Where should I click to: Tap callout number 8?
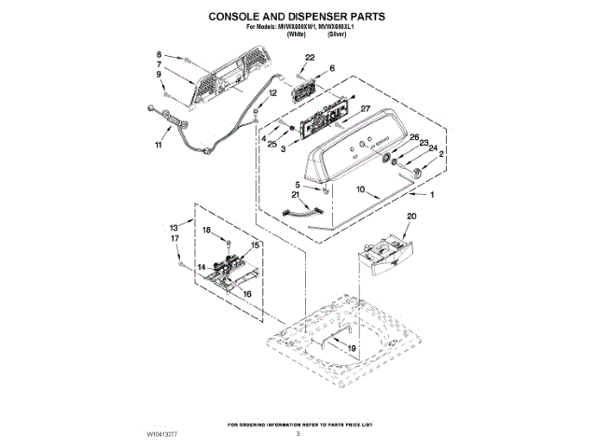click(160, 55)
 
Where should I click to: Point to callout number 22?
click(310, 59)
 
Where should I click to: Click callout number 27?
click(366, 109)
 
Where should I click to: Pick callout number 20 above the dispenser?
click(411, 217)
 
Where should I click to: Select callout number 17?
click(174, 238)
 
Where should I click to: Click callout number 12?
click(273, 93)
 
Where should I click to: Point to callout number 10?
click(360, 190)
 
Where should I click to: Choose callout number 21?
click(296, 196)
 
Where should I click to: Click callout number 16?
click(247, 293)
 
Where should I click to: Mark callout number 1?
click(431, 197)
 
